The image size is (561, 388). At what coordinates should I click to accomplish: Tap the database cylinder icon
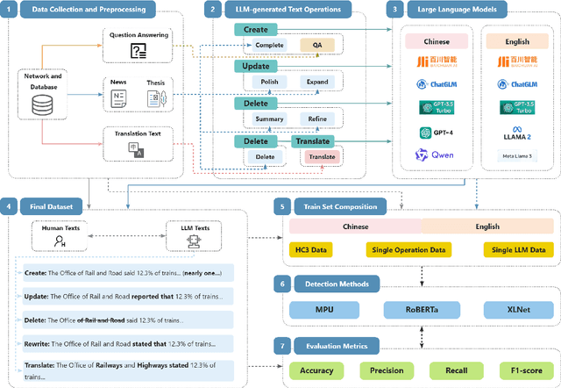pos(42,105)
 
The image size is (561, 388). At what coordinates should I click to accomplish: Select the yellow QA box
pos(316,44)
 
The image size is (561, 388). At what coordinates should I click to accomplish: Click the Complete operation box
pos(268,44)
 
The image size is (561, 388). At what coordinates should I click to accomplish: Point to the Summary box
pos(268,119)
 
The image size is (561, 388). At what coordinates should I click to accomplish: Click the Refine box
pos(316,119)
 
